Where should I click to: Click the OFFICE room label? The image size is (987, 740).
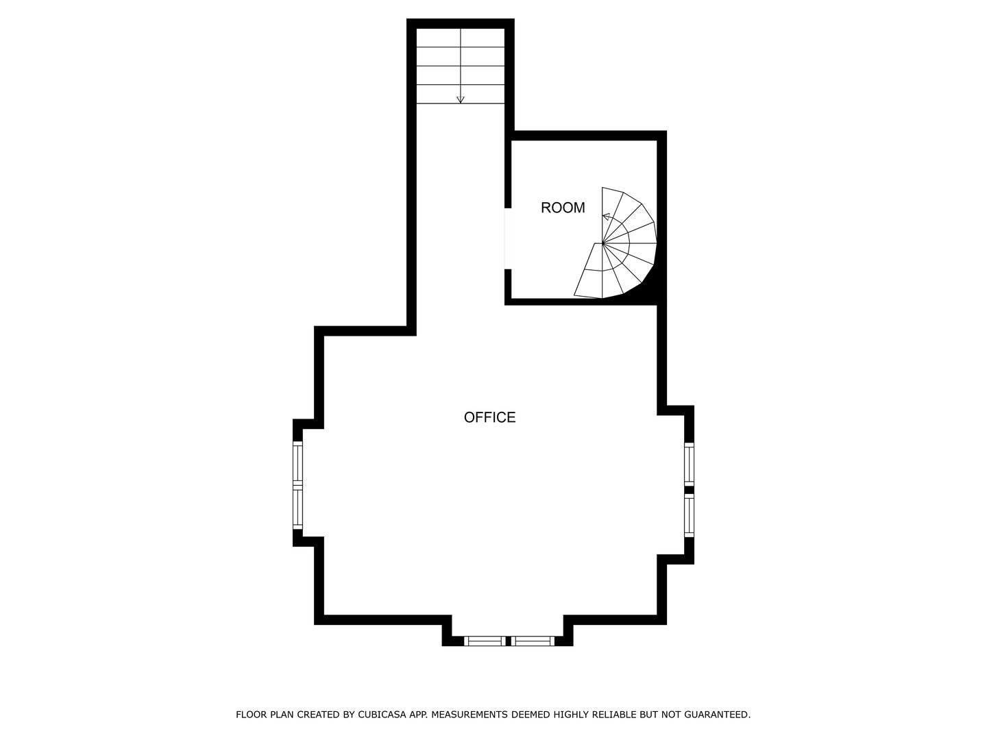click(x=489, y=417)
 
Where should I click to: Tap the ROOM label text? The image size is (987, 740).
click(x=563, y=208)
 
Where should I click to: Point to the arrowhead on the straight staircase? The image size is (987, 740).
click(x=461, y=100)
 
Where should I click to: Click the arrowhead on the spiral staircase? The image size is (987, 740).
click(x=605, y=217)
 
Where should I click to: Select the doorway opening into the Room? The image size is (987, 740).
click(x=508, y=238)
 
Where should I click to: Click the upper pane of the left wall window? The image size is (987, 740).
click(x=297, y=464)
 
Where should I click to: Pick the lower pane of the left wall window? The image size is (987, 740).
click(x=297, y=508)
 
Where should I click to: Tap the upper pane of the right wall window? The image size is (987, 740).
click(x=689, y=465)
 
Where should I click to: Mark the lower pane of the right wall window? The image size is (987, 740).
click(x=689, y=515)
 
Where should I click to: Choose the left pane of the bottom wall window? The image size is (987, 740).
click(x=485, y=641)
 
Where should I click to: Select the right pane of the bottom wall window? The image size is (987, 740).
click(x=533, y=641)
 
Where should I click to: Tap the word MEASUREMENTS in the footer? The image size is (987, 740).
click(x=469, y=715)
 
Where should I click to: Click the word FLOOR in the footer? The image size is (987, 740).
click(x=251, y=715)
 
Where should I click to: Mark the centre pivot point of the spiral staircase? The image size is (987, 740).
click(x=602, y=243)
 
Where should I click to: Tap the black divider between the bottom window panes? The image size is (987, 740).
click(x=509, y=641)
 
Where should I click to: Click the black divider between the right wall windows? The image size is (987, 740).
click(x=689, y=489)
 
